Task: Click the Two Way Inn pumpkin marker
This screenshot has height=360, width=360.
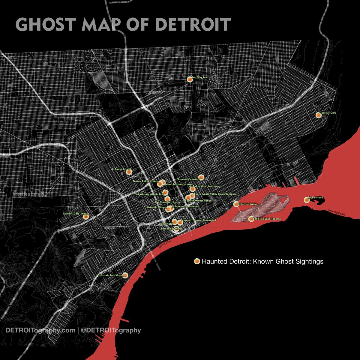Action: pos(189,79)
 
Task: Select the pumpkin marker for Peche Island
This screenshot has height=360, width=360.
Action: pos(306,199)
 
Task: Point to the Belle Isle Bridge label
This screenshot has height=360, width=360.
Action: pos(247,204)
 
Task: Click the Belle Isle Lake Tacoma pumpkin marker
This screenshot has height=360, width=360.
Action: pos(251,219)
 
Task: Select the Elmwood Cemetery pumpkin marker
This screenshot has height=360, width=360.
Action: pos(202,177)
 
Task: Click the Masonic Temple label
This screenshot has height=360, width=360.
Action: pos(157,207)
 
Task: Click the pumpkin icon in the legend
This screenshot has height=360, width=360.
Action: pos(197,261)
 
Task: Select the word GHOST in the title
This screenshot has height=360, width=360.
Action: pos(44,25)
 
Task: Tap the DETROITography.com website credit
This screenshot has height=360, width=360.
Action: pos(40,331)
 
